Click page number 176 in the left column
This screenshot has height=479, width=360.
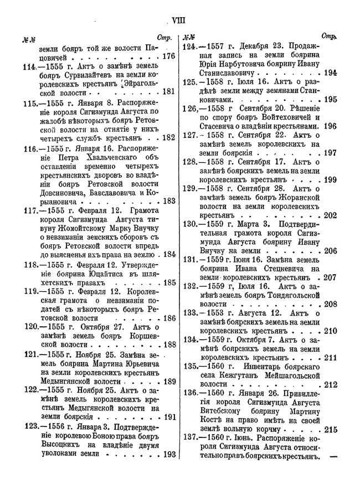167,56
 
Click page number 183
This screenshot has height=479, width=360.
168,200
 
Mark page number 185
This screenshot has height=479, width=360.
168,283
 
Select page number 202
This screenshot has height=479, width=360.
331,216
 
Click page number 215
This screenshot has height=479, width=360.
331,429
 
